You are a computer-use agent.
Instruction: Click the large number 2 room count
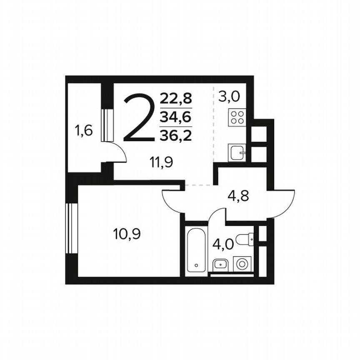pyautogui.click(x=138, y=118)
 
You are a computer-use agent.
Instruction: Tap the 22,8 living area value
pyautogui.click(x=176, y=99)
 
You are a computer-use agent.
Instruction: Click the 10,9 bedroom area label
pyautogui.click(x=127, y=234)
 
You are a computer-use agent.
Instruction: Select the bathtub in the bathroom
pyautogui.click(x=196, y=249)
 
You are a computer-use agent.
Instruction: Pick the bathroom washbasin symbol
pyautogui.click(x=220, y=264)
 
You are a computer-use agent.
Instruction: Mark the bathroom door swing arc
pyautogui.click(x=216, y=214)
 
